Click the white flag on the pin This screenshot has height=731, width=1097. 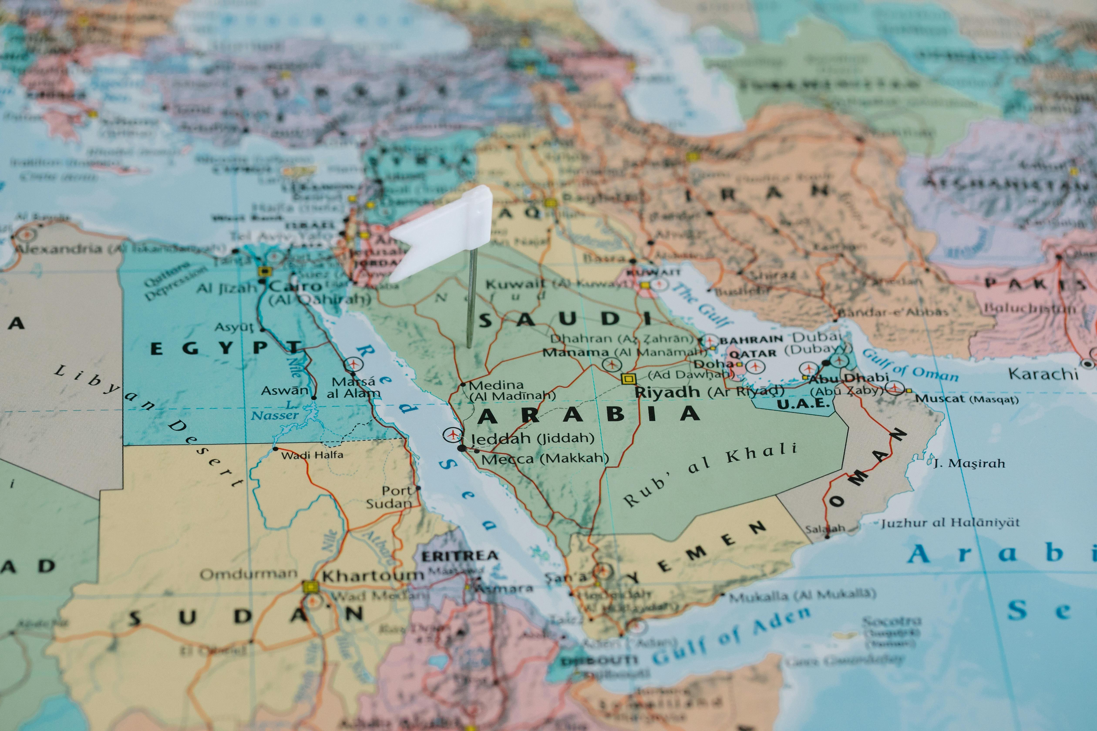point(443,233)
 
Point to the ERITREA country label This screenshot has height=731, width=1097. point(459,556)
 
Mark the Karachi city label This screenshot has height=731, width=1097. point(1043,374)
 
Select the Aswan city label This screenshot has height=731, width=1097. point(284,391)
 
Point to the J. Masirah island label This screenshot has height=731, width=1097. point(969,463)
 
